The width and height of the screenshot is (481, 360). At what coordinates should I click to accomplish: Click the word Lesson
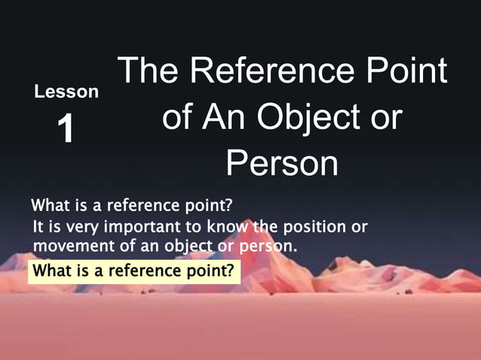(66, 92)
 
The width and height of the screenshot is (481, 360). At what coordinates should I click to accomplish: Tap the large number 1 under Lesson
(66, 130)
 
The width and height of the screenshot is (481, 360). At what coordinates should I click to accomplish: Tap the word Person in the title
(282, 163)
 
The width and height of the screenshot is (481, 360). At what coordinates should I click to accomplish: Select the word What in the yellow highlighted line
(51, 270)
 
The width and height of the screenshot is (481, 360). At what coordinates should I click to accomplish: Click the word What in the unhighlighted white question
(49, 206)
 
